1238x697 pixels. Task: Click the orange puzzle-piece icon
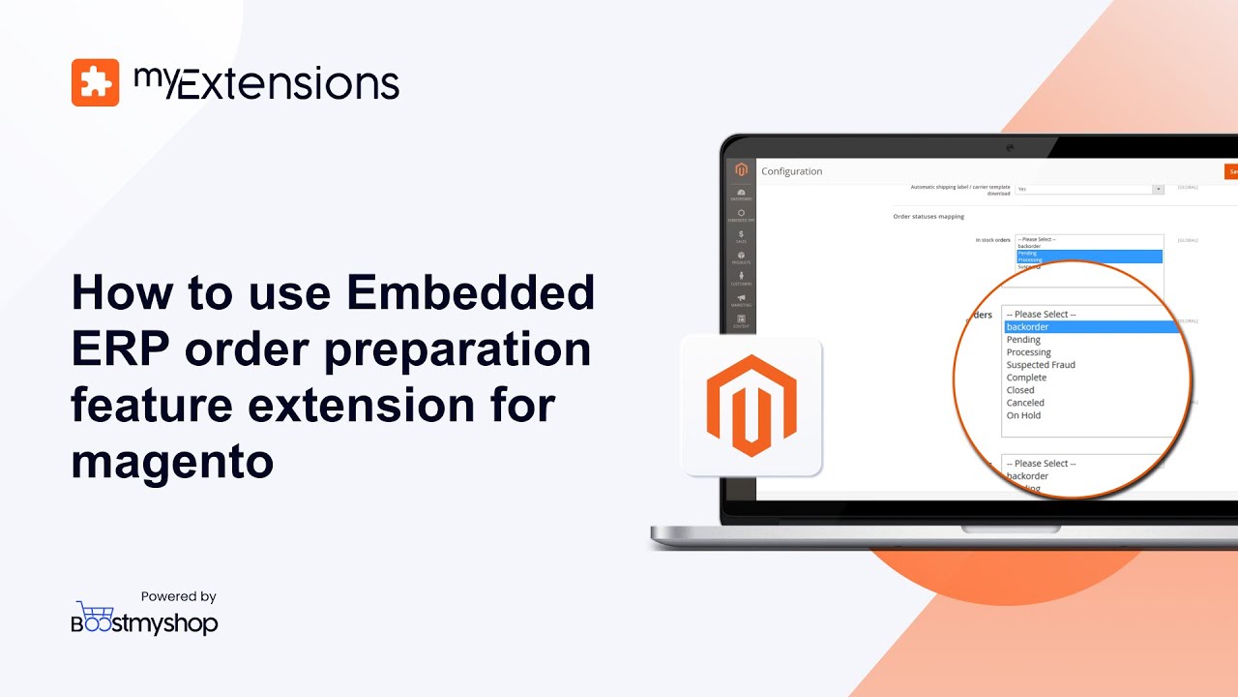point(95,82)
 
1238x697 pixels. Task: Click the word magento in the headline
point(172,461)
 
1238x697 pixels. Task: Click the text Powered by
point(178,596)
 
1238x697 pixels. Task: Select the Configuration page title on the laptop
point(792,171)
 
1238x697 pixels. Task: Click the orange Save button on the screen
point(1231,171)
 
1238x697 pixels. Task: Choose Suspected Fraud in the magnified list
point(1041,365)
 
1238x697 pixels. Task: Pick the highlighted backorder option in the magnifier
point(1027,327)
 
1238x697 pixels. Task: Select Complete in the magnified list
point(1026,378)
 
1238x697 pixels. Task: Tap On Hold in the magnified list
point(1023,415)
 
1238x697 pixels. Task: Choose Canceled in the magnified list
point(1025,403)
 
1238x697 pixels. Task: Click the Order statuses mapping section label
point(928,217)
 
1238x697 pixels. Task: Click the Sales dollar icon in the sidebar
point(741,234)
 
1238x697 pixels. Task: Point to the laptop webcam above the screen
point(1009,146)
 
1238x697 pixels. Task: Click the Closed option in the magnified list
point(1020,390)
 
